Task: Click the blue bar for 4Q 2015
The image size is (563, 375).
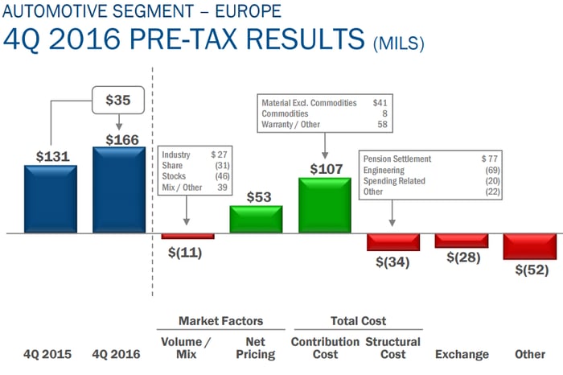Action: tap(50, 199)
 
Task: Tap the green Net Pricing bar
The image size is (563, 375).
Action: tap(256, 220)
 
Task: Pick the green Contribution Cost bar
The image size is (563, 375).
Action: tap(324, 206)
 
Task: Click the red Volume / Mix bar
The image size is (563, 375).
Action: tap(187, 236)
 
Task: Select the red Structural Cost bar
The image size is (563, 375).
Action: tap(393, 241)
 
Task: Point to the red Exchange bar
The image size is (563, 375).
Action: tap(462, 240)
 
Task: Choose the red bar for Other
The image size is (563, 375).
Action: tap(530, 245)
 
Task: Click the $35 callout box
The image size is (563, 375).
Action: tap(119, 101)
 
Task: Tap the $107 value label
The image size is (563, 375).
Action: tap(325, 170)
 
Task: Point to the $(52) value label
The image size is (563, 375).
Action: tap(531, 269)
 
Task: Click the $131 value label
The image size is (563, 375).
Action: tap(50, 156)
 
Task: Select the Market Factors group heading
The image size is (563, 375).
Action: tap(220, 321)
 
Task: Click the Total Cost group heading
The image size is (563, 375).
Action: tap(358, 321)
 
